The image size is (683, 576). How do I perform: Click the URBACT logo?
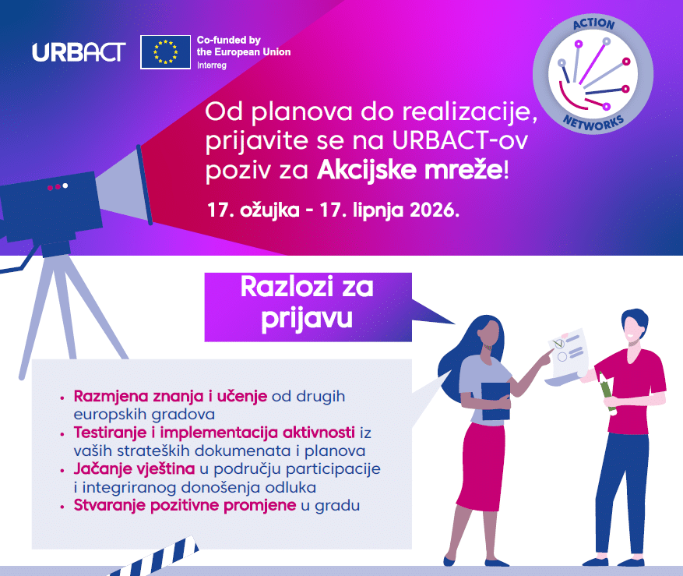[79, 52]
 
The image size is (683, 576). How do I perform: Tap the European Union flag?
[166, 52]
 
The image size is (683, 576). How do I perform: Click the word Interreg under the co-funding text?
[212, 65]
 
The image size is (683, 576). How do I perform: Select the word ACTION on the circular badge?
[593, 23]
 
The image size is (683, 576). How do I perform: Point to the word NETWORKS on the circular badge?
[593, 123]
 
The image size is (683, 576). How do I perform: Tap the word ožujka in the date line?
[269, 210]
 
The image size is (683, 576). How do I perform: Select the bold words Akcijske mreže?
[410, 170]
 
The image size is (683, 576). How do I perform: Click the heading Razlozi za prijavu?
[307, 303]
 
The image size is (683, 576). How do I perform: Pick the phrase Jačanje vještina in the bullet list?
[134, 469]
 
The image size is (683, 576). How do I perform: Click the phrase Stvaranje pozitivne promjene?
[185, 505]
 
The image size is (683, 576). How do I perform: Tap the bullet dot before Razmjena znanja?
[63, 398]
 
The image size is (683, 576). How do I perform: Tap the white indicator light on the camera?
[65, 186]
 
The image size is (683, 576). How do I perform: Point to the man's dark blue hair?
[635, 318]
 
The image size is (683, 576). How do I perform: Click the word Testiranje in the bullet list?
[110, 433]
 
